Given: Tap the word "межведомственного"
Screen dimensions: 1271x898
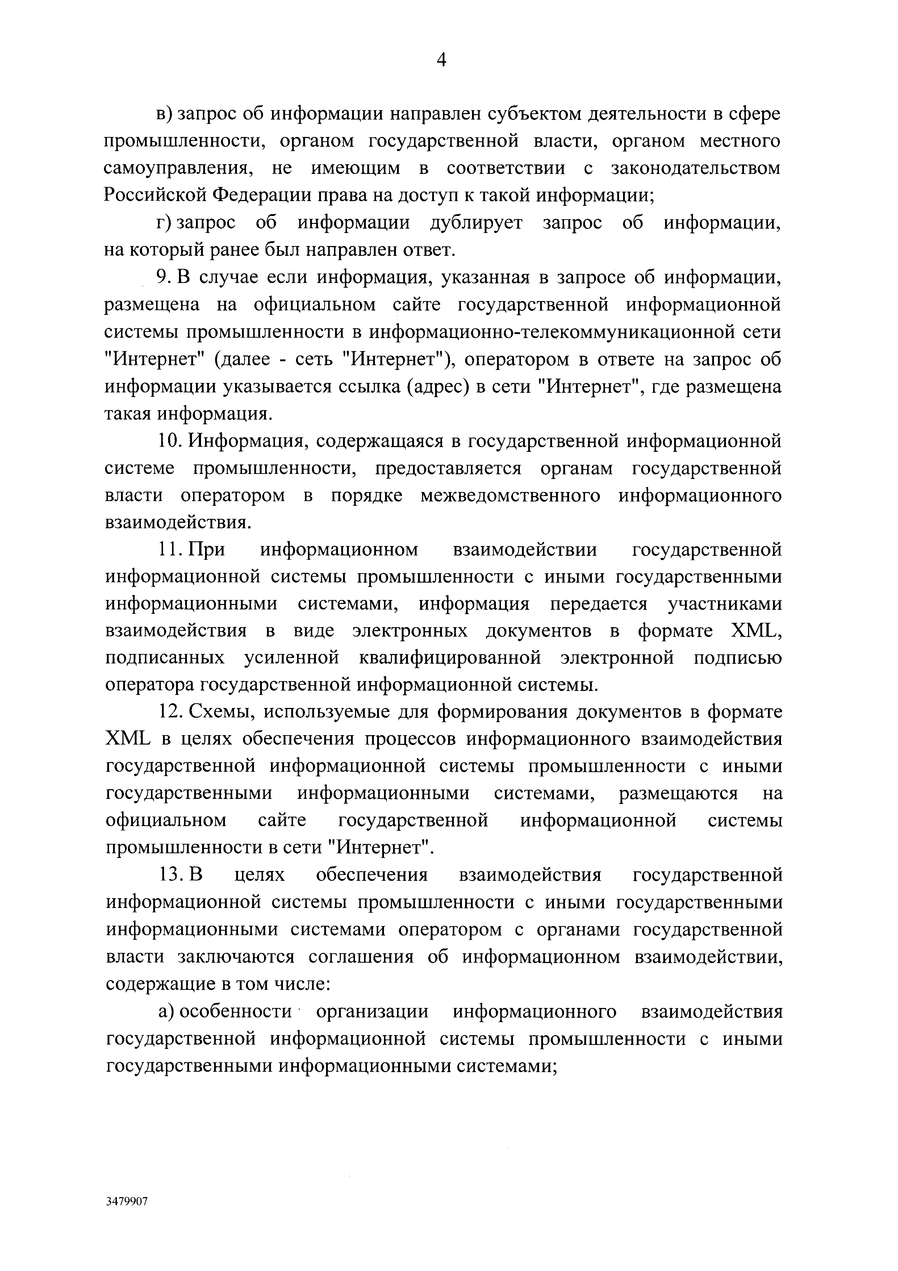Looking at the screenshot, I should click(510, 495).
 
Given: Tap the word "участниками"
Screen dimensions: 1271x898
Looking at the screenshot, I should click(725, 604).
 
